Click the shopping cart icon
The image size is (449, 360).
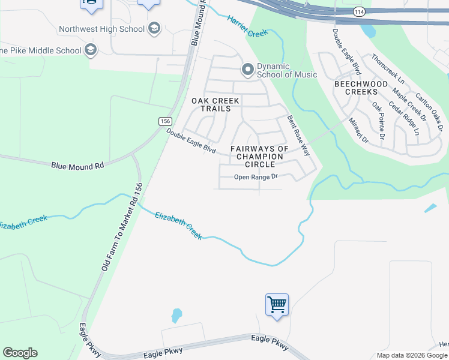click(x=277, y=305)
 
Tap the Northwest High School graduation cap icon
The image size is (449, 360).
click(x=155, y=28)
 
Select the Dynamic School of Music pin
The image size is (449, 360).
click(x=247, y=70)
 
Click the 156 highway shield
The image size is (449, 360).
click(x=166, y=121)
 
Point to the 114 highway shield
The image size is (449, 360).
click(x=359, y=12)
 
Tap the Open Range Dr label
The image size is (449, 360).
click(x=256, y=177)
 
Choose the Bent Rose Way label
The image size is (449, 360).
click(x=298, y=135)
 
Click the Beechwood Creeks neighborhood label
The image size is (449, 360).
click(x=361, y=88)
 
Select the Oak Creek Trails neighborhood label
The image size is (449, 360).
click(x=215, y=105)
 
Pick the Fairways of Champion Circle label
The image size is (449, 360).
click(x=259, y=156)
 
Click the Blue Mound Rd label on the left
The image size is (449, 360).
click(x=77, y=165)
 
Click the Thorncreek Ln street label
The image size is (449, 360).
click(x=388, y=68)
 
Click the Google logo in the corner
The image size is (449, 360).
click(x=20, y=353)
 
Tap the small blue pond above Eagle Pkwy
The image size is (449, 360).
click(x=176, y=315)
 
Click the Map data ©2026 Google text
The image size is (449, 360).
click(x=412, y=355)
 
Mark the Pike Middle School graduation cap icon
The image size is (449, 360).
click(x=91, y=49)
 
